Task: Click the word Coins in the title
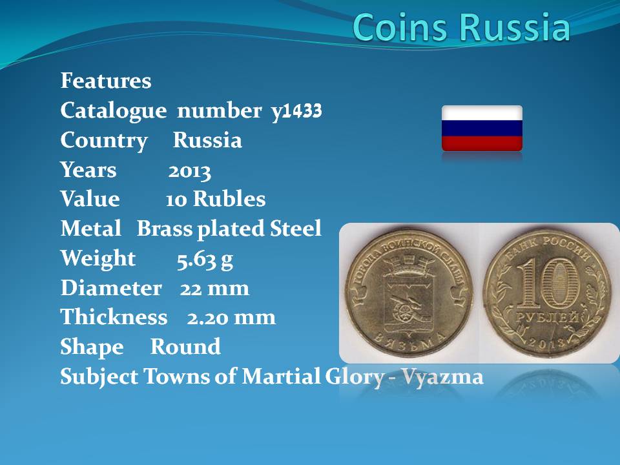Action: [400, 27]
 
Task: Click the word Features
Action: [106, 81]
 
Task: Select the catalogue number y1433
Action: [296, 111]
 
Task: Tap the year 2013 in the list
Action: [190, 172]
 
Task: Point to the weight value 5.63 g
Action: [205, 260]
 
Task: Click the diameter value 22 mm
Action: [214, 288]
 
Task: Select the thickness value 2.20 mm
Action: [231, 318]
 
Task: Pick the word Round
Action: [185, 347]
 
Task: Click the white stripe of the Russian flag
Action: [482, 113]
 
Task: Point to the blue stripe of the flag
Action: [482, 129]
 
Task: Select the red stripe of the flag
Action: [482, 143]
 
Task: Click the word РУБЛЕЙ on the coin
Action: [548, 318]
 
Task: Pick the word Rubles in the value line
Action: [229, 199]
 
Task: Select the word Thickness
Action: [114, 317]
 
